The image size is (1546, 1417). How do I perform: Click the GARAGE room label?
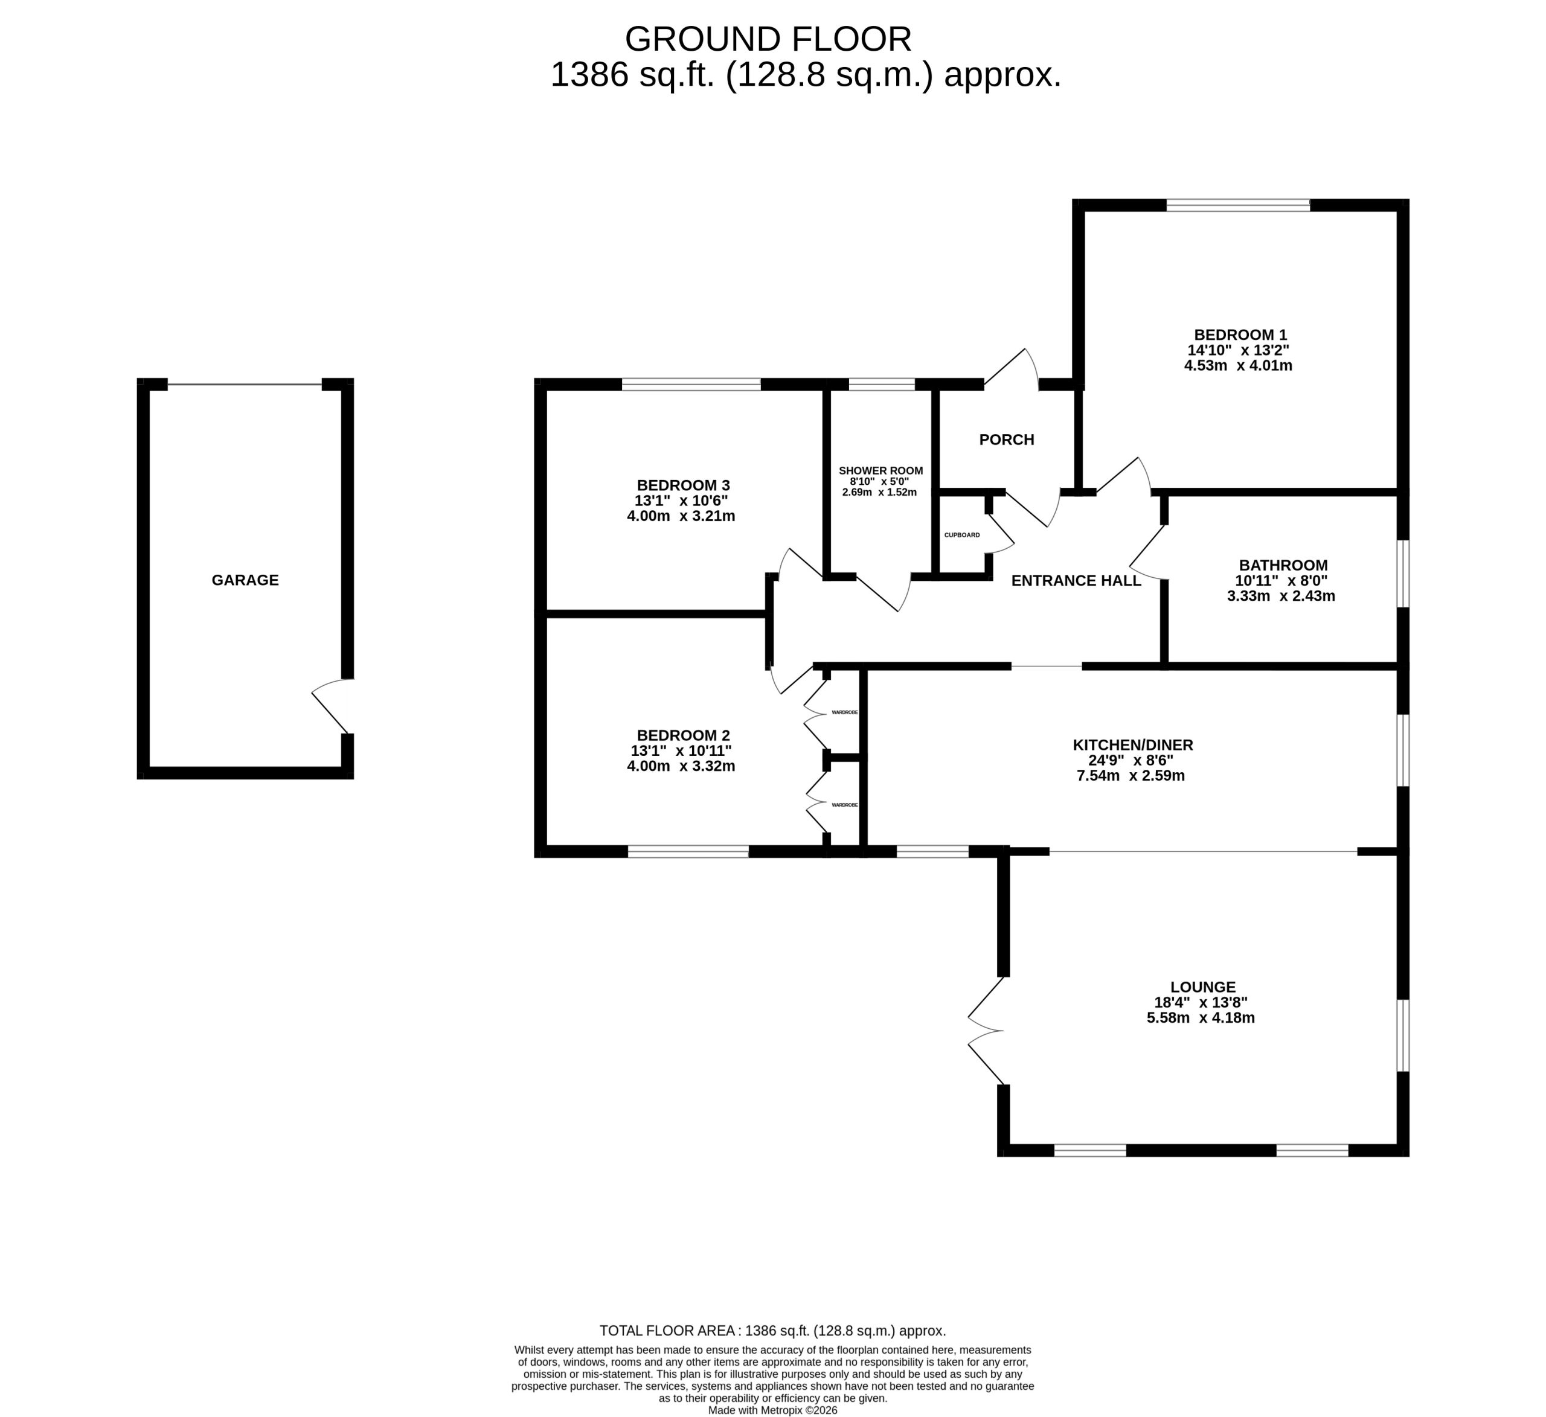point(245,580)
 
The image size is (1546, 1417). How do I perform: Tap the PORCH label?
point(1007,440)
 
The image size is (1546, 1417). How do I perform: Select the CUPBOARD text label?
point(961,535)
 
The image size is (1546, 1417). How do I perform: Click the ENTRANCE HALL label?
point(1076,580)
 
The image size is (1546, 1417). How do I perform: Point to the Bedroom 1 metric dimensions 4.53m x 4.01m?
point(1239,365)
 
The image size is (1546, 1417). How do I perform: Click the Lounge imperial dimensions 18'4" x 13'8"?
point(1201,1002)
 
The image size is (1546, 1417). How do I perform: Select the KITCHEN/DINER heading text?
point(1133,744)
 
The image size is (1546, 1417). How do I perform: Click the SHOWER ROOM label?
point(880,471)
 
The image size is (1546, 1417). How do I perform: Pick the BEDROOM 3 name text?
point(683,485)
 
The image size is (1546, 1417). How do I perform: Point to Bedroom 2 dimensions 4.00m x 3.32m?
point(681,766)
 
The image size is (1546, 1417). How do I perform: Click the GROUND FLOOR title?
point(768,39)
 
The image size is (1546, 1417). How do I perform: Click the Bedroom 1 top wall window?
point(1239,205)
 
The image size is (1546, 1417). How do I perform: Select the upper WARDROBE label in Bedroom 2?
point(844,712)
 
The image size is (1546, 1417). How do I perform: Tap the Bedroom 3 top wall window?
point(691,384)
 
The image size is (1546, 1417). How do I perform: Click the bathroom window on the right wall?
point(1403,574)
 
